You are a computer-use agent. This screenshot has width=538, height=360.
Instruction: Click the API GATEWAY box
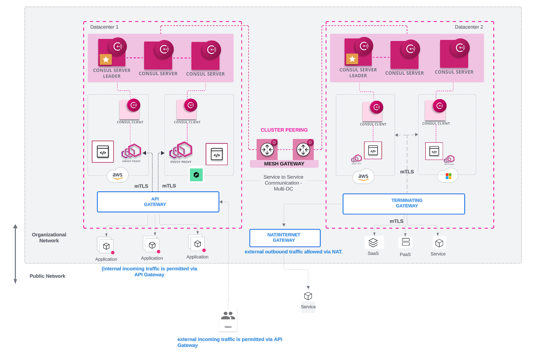tap(158, 202)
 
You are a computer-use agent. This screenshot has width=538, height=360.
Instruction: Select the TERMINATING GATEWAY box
tap(403, 204)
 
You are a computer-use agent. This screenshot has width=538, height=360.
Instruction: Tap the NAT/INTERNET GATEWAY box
tap(284, 238)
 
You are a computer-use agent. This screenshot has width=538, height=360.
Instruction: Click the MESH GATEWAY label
tap(284, 164)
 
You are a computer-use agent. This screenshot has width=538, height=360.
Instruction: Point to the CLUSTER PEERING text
tap(284, 130)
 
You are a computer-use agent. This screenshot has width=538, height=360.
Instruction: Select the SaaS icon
tap(373, 243)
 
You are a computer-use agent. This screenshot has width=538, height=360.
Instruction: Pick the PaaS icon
tap(406, 242)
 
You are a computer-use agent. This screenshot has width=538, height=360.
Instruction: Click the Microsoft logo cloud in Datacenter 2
tap(448, 176)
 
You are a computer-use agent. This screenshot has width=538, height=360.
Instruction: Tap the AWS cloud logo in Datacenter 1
tap(117, 175)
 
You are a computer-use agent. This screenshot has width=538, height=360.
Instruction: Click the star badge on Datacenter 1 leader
tap(106, 60)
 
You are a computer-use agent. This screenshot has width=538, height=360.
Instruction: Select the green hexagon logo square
tap(196, 175)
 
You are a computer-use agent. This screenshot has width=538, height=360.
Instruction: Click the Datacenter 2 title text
tap(469, 27)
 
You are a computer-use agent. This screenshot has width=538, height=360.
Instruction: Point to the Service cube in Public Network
tap(308, 296)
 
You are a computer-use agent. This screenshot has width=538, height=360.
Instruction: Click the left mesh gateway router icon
tap(267, 149)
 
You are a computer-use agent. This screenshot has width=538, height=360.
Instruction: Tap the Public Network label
tap(47, 276)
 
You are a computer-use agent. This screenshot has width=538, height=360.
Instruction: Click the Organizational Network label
tap(49, 238)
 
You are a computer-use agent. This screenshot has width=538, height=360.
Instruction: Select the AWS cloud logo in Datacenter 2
tap(363, 177)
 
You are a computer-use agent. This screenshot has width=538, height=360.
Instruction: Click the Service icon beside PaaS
tap(439, 243)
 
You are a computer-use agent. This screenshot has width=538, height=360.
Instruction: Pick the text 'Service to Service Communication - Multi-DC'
tap(283, 183)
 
